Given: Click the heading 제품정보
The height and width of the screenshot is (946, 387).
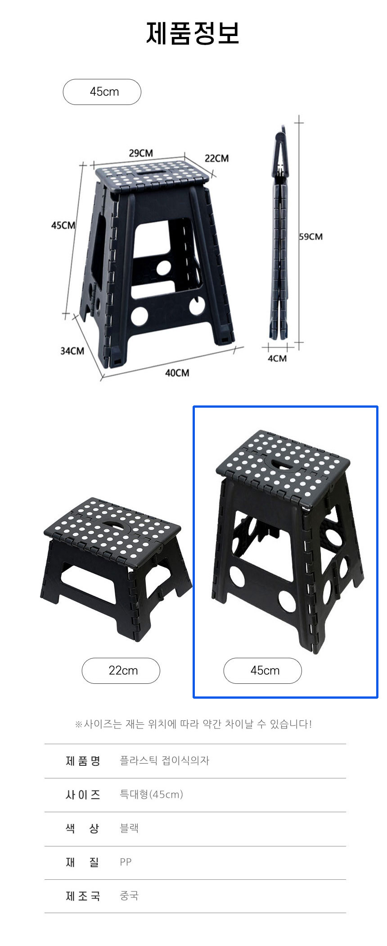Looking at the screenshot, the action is [x=193, y=33].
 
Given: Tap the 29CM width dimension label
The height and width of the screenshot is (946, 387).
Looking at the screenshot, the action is [x=141, y=153].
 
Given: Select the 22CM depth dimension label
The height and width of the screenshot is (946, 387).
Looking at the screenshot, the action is [x=216, y=158].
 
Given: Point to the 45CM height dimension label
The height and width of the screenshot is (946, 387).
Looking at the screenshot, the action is [x=63, y=225].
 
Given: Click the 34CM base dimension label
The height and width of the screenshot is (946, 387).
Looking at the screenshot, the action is [x=72, y=351].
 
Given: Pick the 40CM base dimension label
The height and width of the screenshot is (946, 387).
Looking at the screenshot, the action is [x=177, y=373].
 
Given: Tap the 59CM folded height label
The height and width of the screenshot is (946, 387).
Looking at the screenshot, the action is [x=311, y=236].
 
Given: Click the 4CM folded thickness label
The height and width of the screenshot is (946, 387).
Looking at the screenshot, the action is [x=277, y=359].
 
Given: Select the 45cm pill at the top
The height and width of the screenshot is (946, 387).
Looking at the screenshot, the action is [x=102, y=92].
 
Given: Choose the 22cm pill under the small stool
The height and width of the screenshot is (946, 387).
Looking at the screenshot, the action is [x=121, y=671].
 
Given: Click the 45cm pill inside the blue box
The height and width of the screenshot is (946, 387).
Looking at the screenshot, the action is [x=262, y=671].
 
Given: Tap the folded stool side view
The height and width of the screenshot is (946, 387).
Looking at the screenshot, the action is [x=280, y=234].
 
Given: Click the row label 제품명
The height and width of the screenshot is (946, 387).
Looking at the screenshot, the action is [x=83, y=761].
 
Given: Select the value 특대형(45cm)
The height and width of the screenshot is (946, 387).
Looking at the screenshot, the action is [x=151, y=794].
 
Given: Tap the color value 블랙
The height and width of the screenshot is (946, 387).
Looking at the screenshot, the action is [x=129, y=828].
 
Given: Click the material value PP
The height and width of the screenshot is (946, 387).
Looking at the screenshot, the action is [x=126, y=862].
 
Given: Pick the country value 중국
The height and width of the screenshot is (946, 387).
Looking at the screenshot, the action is [x=129, y=896].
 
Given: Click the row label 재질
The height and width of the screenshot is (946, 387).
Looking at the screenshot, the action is [x=83, y=862].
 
